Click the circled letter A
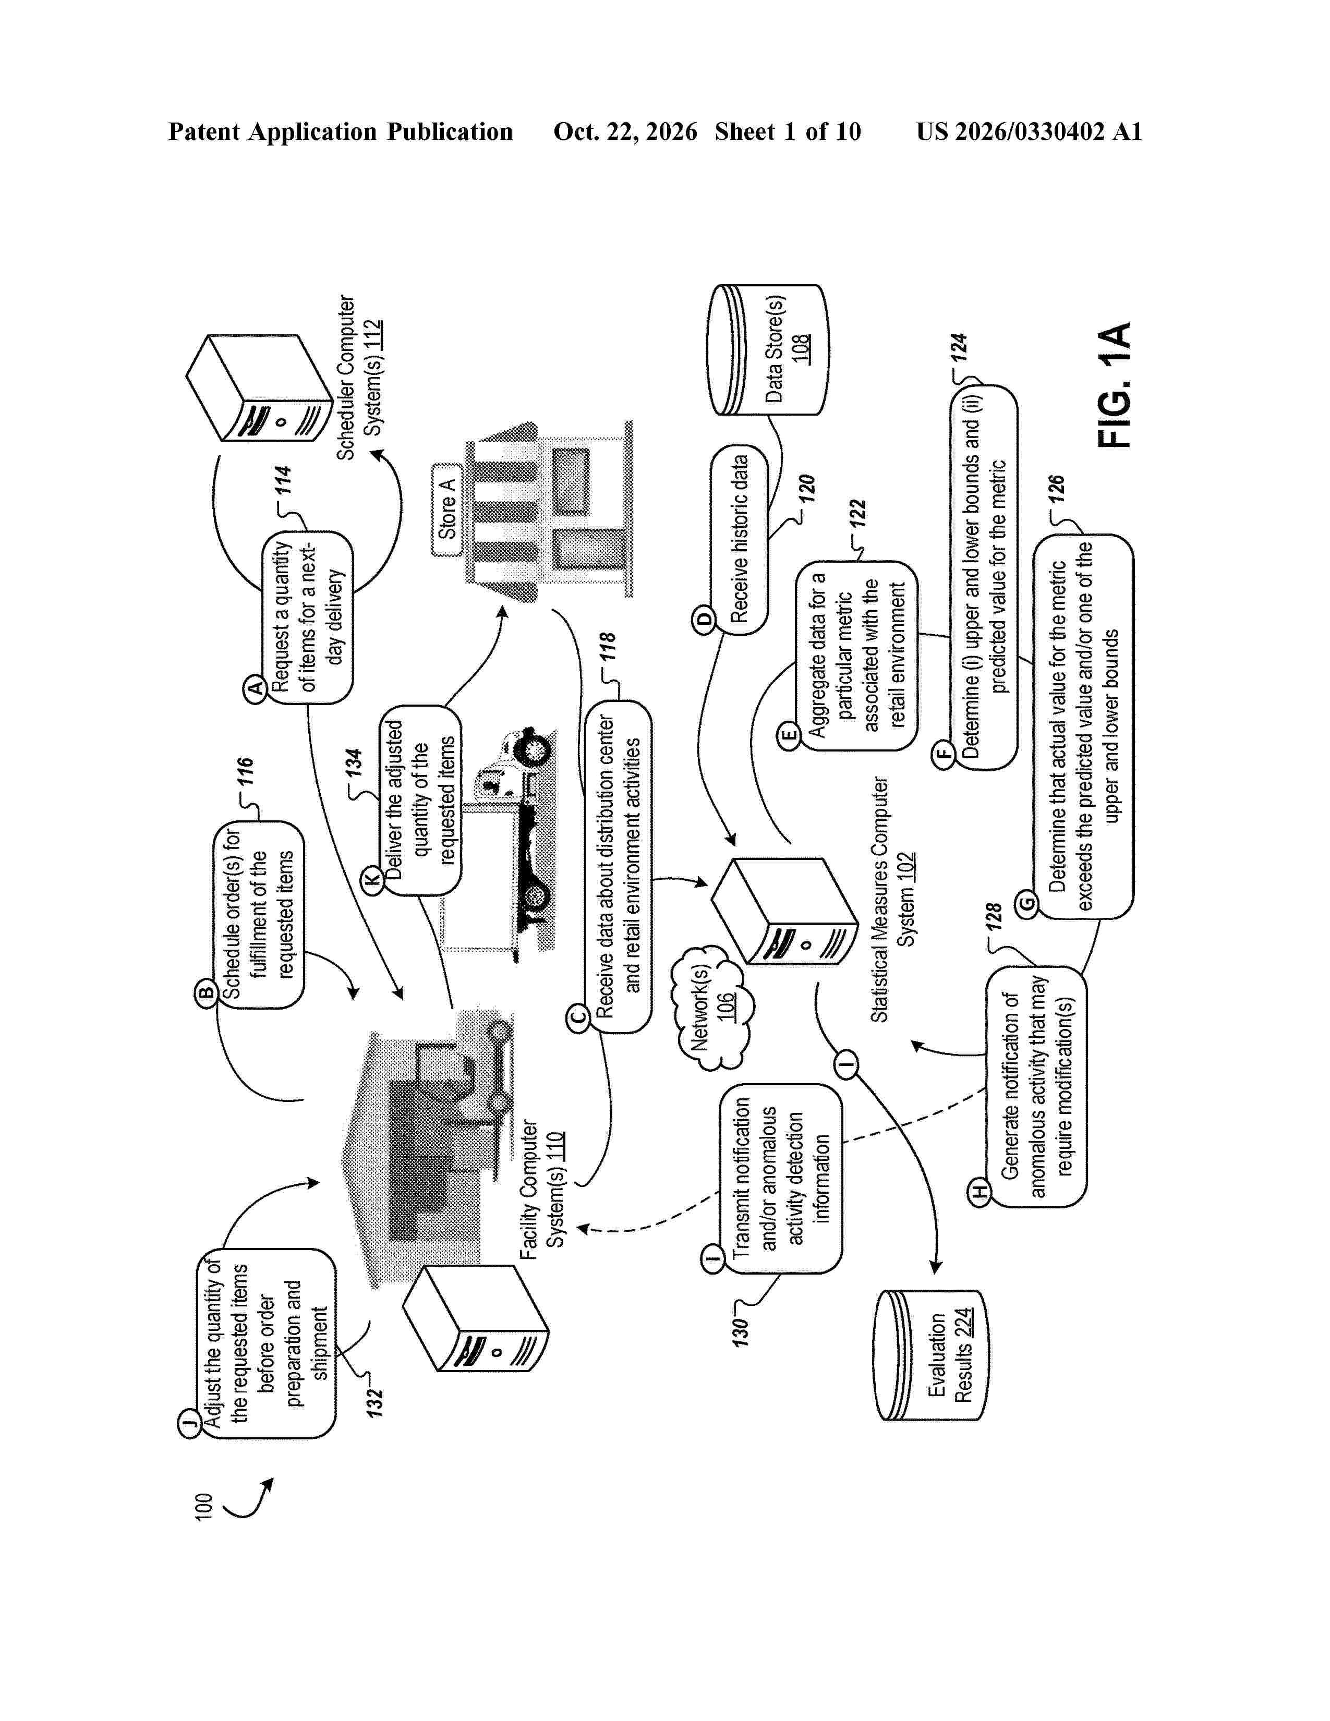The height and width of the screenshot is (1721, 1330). tap(255, 689)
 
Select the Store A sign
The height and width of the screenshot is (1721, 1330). tap(447, 510)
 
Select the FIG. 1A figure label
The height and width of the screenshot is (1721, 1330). tap(1114, 385)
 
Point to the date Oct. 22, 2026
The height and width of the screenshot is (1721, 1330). tap(625, 131)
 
